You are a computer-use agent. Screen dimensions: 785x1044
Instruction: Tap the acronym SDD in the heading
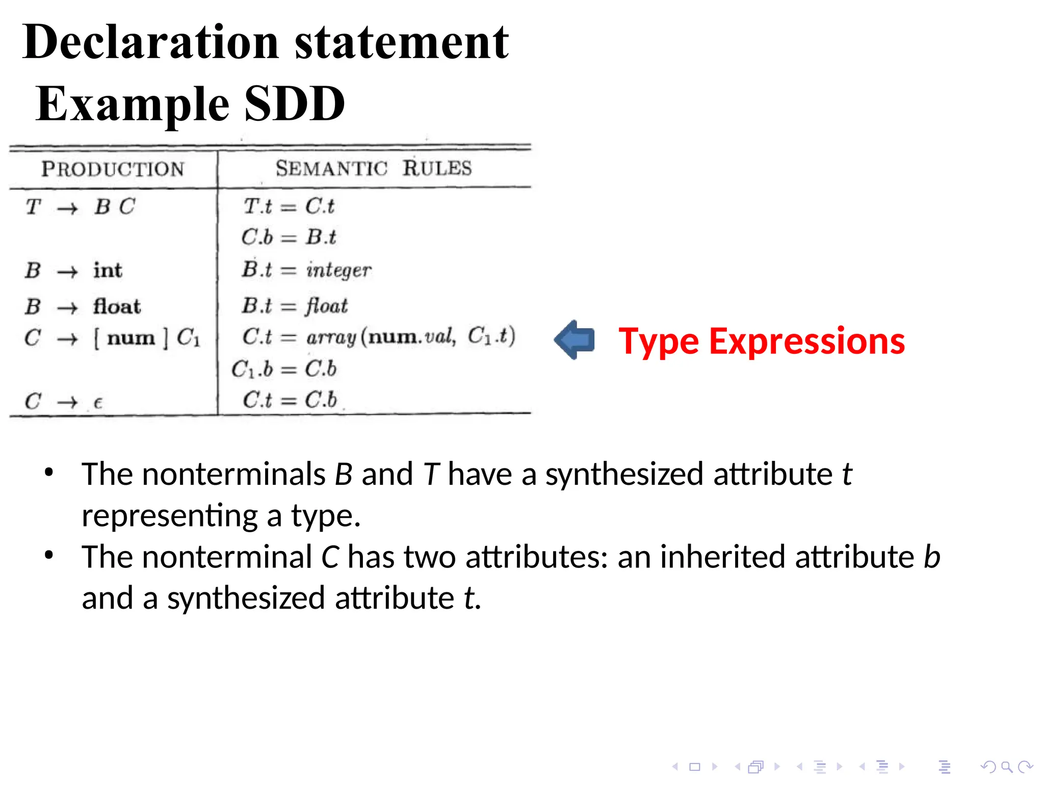(x=295, y=104)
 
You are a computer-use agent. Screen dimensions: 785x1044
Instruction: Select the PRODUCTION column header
(x=113, y=169)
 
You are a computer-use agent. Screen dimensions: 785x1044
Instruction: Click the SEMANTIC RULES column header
(x=374, y=168)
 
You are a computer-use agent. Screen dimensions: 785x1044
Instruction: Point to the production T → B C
(x=81, y=207)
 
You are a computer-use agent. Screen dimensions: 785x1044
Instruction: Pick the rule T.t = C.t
(x=289, y=206)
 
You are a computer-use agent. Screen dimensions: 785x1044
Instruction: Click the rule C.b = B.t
(x=289, y=237)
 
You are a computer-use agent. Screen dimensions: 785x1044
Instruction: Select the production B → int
(x=74, y=270)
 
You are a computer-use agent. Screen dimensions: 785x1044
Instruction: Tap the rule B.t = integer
(x=306, y=270)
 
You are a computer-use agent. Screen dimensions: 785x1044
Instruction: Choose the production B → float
(x=83, y=307)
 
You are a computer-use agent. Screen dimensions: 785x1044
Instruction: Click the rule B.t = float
(x=295, y=306)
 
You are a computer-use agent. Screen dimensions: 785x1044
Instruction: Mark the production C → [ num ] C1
(x=112, y=337)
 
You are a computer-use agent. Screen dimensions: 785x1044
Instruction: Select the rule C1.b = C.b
(x=284, y=369)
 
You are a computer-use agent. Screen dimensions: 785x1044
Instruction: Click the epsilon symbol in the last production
(x=98, y=403)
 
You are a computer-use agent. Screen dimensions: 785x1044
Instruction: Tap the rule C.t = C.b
(x=290, y=400)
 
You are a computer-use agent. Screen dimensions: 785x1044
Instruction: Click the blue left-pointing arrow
(x=575, y=340)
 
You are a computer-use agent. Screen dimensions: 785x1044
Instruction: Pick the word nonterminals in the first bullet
(x=233, y=474)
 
